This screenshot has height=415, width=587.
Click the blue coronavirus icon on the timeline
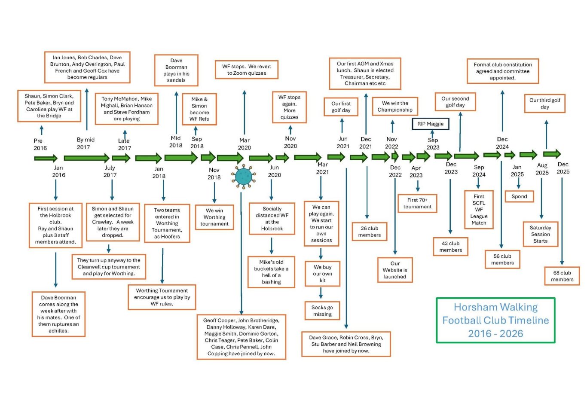pyautogui.click(x=244, y=176)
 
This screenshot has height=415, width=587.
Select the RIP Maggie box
pyautogui.click(x=430, y=124)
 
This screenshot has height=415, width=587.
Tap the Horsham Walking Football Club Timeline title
pyautogui.click(x=495, y=320)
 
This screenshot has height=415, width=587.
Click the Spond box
pyautogui.click(x=519, y=196)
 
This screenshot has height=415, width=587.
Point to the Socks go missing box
pyautogui.click(x=322, y=311)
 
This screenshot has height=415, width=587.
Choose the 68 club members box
pyautogui.click(x=562, y=276)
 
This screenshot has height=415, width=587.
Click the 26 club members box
pyautogui.click(x=370, y=232)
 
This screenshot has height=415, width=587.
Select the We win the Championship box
pyautogui.click(x=395, y=106)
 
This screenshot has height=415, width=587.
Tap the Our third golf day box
pyautogui.click(x=544, y=104)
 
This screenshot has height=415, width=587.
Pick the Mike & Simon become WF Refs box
pyautogui.click(x=199, y=109)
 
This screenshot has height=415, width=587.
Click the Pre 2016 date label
pyautogui.click(x=40, y=144)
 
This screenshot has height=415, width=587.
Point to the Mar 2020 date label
pyautogui.click(x=245, y=144)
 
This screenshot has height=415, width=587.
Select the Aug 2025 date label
pyautogui.click(x=542, y=169)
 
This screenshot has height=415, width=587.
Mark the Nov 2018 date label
pyautogui.click(x=214, y=174)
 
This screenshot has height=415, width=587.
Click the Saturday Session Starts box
pyautogui.click(x=540, y=234)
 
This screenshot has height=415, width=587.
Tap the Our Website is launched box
pyautogui.click(x=395, y=270)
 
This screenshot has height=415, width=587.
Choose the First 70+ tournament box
pyautogui.click(x=417, y=203)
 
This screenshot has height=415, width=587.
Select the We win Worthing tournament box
pyautogui.click(x=214, y=217)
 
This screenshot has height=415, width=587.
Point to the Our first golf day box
pyautogui.click(x=341, y=107)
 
